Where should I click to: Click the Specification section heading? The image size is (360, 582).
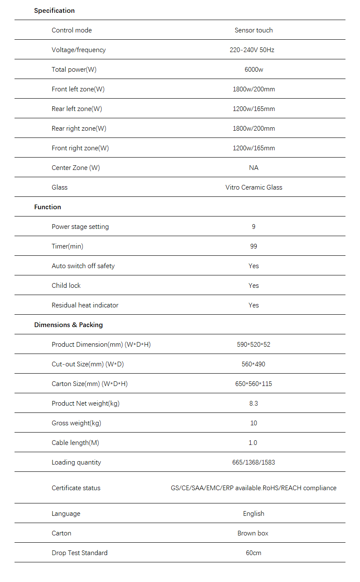pyautogui.click(x=54, y=11)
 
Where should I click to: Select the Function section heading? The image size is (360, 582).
pyautogui.click(x=47, y=207)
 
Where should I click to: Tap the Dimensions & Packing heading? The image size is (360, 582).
pyautogui.click(x=68, y=325)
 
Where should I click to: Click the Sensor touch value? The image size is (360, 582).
pyautogui.click(x=254, y=30)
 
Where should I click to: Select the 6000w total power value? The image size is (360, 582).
pyautogui.click(x=254, y=70)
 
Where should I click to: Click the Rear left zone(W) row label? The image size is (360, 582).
pyautogui.click(x=77, y=109)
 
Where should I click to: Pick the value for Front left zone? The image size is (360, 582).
pyautogui.click(x=254, y=89)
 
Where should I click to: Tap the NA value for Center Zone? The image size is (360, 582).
pyautogui.click(x=254, y=168)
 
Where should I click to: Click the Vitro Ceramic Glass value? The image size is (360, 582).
pyautogui.click(x=254, y=187)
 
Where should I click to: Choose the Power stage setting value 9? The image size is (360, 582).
pyautogui.click(x=254, y=227)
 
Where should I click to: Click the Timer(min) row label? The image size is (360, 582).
pyautogui.click(x=67, y=246)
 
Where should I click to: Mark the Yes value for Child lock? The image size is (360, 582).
pyautogui.click(x=254, y=286)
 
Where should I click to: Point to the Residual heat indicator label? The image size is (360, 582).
pyautogui.click(x=85, y=305)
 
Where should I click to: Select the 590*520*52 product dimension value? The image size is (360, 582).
pyautogui.click(x=254, y=345)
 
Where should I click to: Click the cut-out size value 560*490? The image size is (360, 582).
pyautogui.click(x=254, y=364)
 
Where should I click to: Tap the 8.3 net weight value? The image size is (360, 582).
pyautogui.click(x=254, y=404)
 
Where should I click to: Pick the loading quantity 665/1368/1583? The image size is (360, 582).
pyautogui.click(x=254, y=462)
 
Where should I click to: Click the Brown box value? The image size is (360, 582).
pyautogui.click(x=253, y=533)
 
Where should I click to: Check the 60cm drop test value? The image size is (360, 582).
pyautogui.click(x=254, y=553)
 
